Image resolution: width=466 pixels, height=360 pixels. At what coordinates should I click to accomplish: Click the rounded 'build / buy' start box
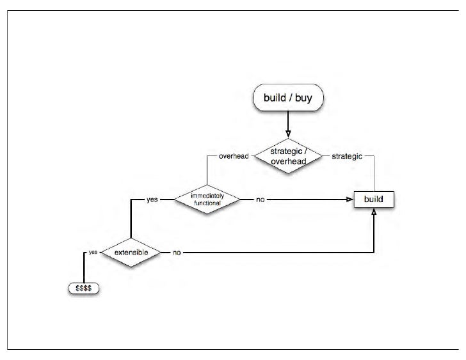click(x=287, y=99)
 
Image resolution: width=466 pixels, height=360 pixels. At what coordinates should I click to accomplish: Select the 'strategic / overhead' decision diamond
click(x=287, y=156)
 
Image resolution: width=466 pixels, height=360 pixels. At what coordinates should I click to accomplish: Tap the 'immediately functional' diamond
click(x=207, y=200)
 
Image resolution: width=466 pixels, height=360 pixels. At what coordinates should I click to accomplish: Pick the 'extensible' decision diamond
click(x=131, y=253)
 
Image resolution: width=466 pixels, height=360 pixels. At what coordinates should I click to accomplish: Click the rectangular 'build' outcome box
click(x=374, y=200)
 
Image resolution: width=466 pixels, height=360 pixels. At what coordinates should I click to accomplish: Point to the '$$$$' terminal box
click(x=84, y=288)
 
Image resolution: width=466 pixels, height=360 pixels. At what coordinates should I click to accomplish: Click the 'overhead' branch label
click(x=233, y=156)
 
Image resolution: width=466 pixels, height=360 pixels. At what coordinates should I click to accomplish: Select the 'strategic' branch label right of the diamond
click(x=346, y=156)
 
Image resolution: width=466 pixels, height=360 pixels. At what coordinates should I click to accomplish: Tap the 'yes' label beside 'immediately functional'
click(x=152, y=200)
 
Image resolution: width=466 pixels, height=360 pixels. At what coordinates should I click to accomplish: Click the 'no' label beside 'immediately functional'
click(x=260, y=200)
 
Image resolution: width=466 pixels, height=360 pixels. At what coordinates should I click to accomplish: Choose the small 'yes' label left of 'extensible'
click(x=93, y=253)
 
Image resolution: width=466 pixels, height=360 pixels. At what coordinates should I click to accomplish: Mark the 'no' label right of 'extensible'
click(x=177, y=253)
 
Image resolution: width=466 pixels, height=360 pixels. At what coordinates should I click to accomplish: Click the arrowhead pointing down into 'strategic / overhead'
click(x=287, y=132)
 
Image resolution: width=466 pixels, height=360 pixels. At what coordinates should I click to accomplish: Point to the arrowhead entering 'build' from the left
click(x=351, y=200)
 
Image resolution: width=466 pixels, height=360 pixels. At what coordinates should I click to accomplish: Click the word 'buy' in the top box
click(x=305, y=99)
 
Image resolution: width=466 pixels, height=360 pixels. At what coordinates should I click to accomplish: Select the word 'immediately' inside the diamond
click(x=207, y=196)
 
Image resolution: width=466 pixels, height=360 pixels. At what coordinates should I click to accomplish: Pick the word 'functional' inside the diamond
click(x=207, y=203)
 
